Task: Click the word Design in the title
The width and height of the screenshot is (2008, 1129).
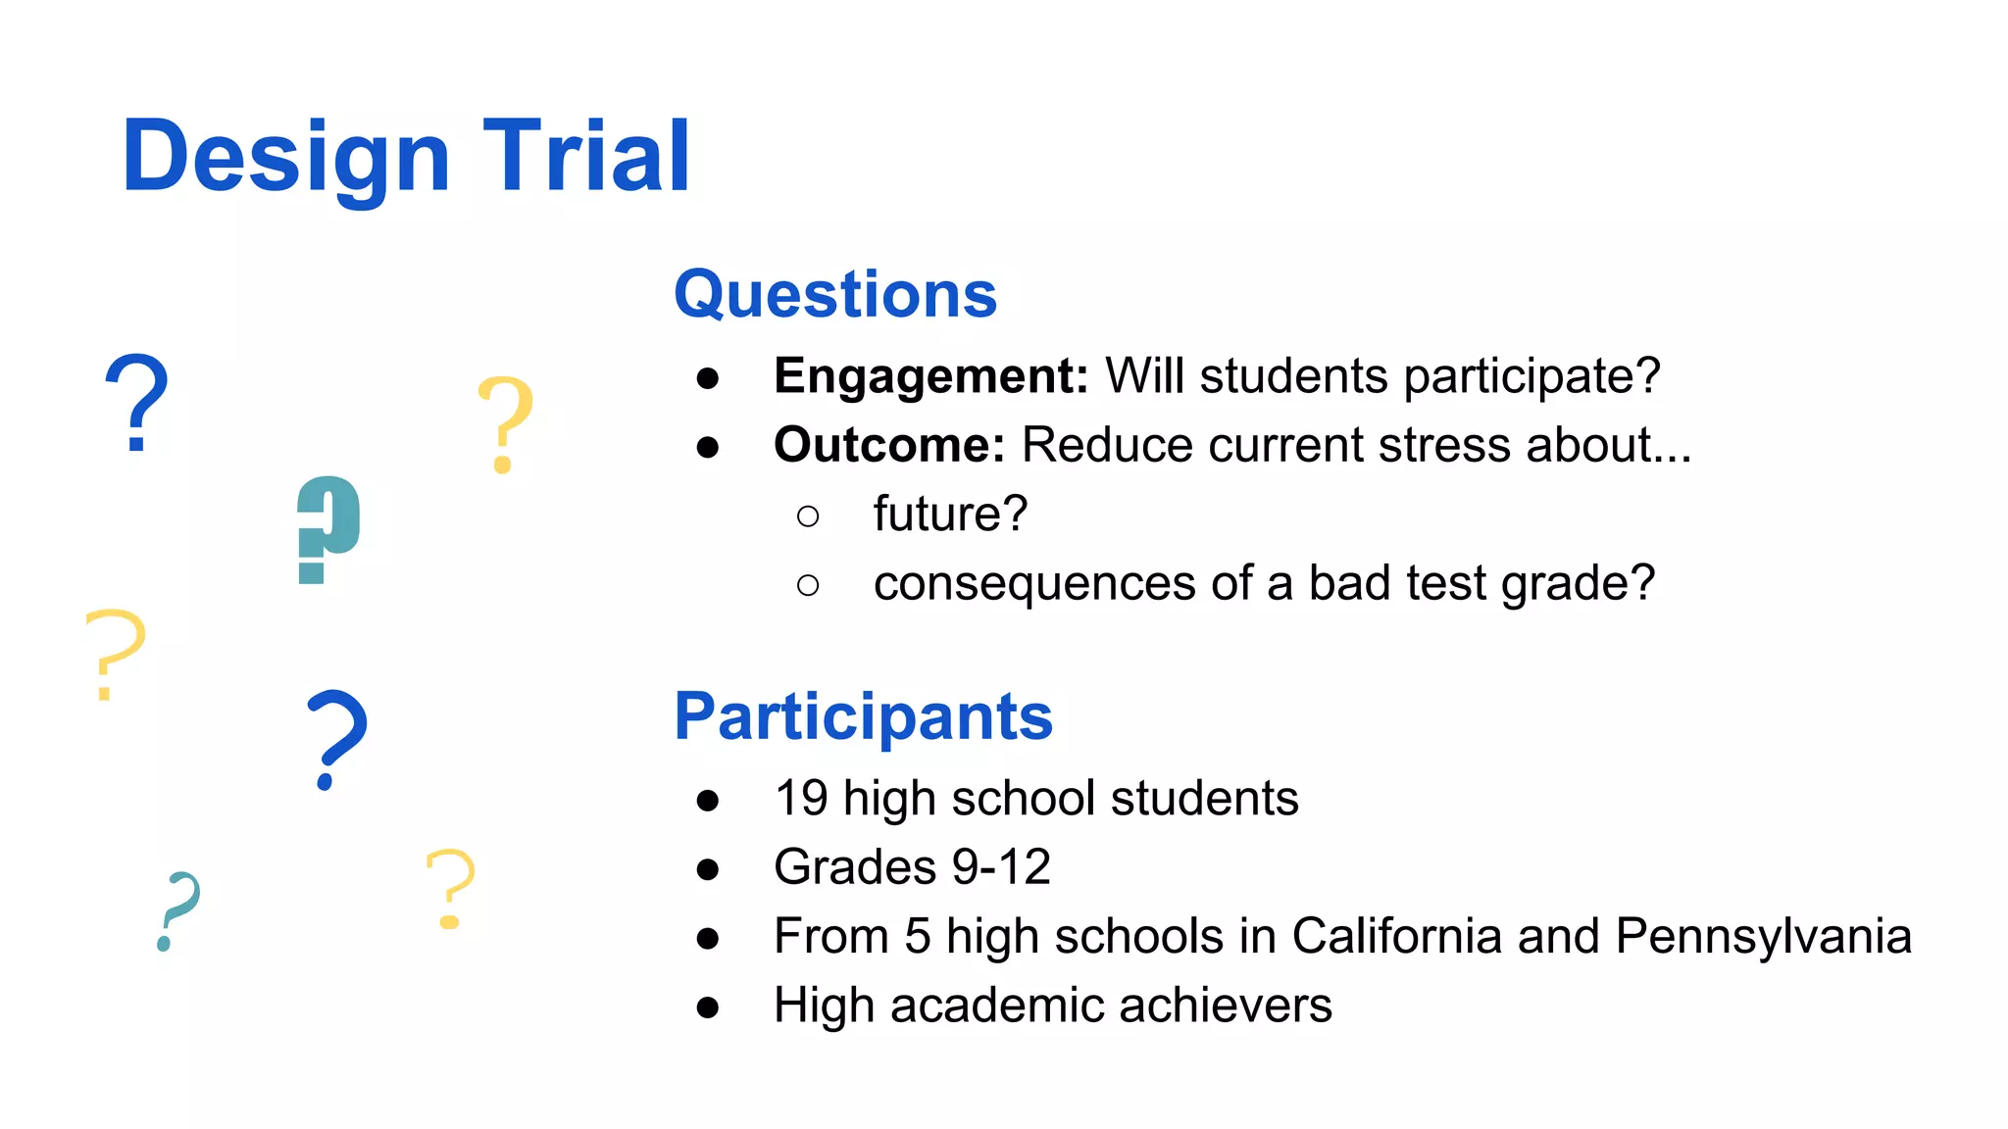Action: pos(285,157)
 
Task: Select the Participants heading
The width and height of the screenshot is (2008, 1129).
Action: pos(863,716)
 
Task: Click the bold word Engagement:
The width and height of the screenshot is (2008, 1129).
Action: pos(930,376)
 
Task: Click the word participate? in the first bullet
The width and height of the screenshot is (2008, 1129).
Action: pos(1531,377)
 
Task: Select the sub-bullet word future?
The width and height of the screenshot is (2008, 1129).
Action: pos(950,515)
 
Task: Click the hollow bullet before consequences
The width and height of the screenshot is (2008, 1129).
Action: pos(808,585)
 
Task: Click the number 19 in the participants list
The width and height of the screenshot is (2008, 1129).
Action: pos(801,798)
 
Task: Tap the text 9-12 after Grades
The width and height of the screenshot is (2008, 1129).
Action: pos(1001,867)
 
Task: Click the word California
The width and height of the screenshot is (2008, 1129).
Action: pos(1396,936)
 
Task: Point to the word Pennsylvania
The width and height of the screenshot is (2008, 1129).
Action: pos(1762,937)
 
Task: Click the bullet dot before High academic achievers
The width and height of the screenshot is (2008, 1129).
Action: pos(708,1007)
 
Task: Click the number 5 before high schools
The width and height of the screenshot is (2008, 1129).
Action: pos(917,936)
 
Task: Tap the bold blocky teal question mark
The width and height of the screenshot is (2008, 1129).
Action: pos(328,529)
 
